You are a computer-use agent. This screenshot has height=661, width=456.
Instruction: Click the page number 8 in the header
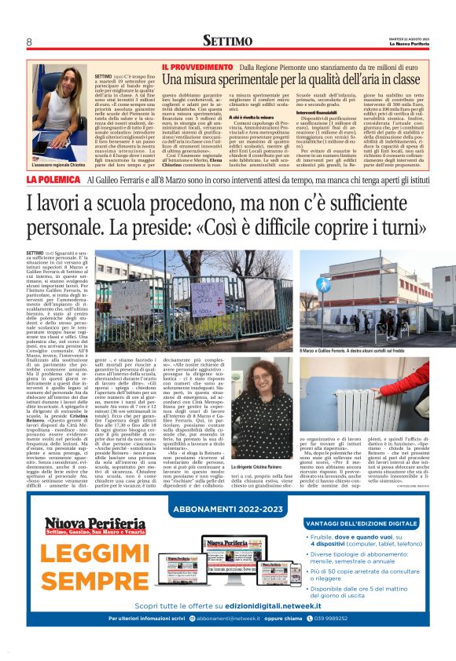[x=29, y=41]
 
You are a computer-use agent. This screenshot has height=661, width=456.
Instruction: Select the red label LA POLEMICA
[x=53, y=180]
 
